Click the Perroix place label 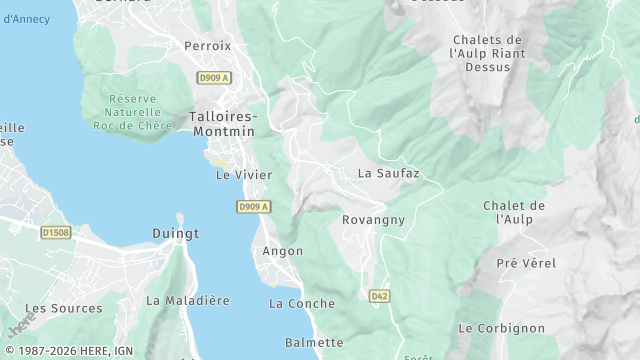(207, 46)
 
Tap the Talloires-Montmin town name (222, 124)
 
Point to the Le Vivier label (238, 174)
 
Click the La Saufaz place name (388, 173)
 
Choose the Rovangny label (372, 219)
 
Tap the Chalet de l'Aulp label (514, 212)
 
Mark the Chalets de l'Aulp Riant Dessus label (487, 53)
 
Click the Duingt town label (176, 233)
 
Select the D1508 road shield (56, 233)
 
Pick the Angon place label (282, 251)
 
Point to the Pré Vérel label (526, 263)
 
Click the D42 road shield (379, 296)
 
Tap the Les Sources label (63, 309)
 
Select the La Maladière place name (188, 300)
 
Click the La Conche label (302, 303)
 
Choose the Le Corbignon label (501, 328)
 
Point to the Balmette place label (314, 342)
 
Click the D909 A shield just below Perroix (214, 77)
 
